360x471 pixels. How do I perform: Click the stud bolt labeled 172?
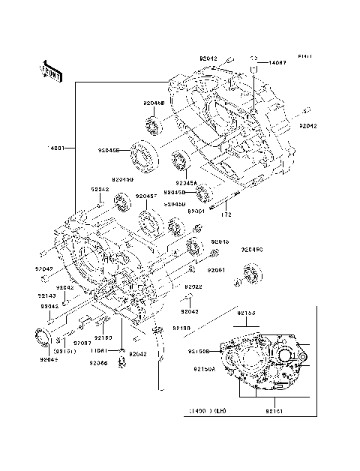pos(225,201)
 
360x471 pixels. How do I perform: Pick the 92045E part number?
pos(108,150)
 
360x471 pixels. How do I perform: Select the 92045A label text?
pos(187,182)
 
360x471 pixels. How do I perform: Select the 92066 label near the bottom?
pos(99,363)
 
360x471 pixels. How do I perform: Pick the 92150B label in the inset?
pos(198,352)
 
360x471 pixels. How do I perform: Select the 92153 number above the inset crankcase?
pos(268,311)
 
